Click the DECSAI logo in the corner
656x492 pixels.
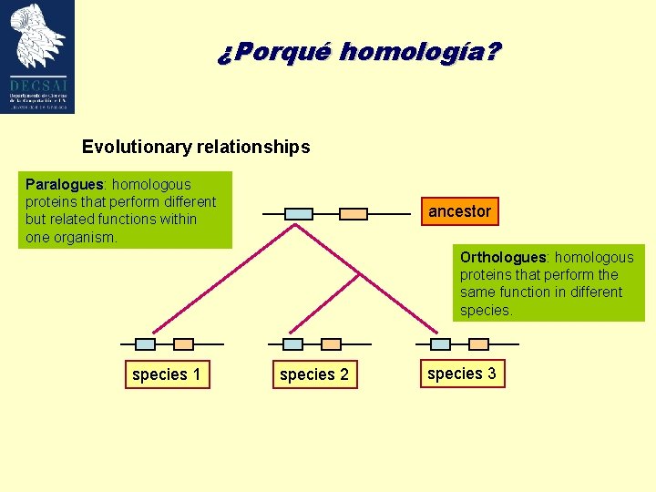click(x=38, y=56)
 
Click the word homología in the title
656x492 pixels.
click(x=419, y=52)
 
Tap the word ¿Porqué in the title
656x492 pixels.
click(x=273, y=52)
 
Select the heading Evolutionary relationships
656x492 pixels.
click(x=196, y=147)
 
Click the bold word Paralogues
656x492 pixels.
click(x=65, y=184)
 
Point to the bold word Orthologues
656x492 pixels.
click(x=502, y=257)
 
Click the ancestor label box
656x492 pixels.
click(x=459, y=211)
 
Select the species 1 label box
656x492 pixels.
click(x=166, y=374)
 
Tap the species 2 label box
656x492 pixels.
click(x=313, y=374)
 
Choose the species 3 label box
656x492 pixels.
click(x=461, y=374)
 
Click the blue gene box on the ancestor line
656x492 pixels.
click(x=298, y=214)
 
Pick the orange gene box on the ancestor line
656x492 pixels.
click(x=353, y=214)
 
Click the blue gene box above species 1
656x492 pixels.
click(x=145, y=344)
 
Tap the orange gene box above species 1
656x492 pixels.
click(x=183, y=344)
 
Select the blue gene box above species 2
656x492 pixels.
click(x=292, y=344)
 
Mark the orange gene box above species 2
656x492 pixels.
click(x=332, y=344)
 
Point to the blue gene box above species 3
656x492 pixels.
click(x=440, y=344)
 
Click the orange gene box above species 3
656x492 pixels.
click(x=479, y=344)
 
